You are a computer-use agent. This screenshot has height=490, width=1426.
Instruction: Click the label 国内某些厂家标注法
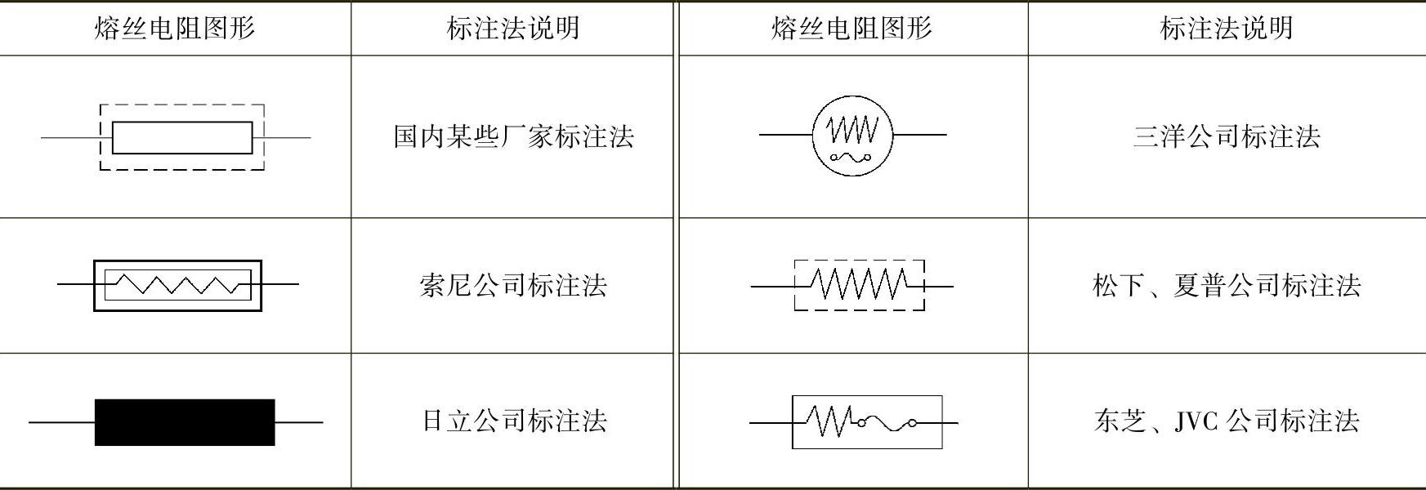click(x=513, y=136)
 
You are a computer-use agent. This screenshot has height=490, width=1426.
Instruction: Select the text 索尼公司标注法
click(x=513, y=285)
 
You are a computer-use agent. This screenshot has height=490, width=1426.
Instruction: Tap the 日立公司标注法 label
click(x=513, y=421)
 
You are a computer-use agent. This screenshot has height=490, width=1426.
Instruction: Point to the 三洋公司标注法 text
click(x=1226, y=136)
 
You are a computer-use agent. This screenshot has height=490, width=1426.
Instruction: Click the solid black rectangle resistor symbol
click(x=185, y=422)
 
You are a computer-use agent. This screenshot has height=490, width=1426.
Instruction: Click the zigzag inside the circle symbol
click(x=852, y=128)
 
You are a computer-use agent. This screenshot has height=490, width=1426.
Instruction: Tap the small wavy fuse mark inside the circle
click(x=852, y=157)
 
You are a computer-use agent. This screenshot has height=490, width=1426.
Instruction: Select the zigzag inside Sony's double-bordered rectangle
click(x=178, y=285)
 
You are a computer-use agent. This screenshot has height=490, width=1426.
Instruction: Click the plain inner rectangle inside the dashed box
click(x=181, y=137)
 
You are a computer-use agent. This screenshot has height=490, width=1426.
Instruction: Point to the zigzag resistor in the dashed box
click(x=860, y=285)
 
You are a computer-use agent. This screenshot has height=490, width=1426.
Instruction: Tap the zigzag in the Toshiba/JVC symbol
click(x=829, y=421)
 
